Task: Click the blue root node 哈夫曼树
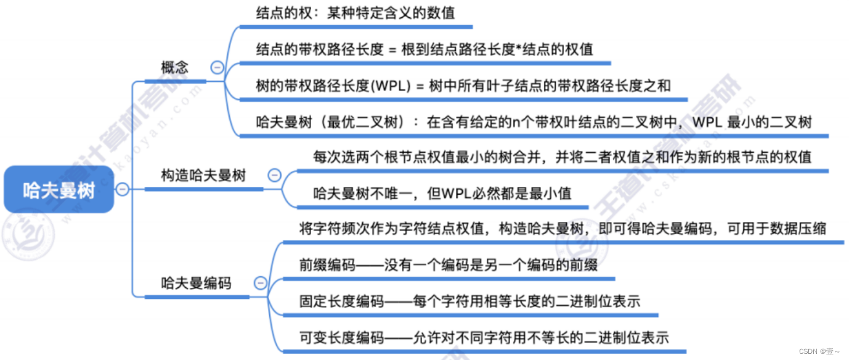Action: (59, 189)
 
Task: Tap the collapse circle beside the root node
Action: (123, 189)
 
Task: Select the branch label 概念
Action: (174, 68)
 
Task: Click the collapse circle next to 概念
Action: (217, 68)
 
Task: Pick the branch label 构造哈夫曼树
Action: (203, 176)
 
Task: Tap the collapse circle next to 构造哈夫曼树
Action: (274, 176)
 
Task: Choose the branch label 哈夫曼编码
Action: (196, 283)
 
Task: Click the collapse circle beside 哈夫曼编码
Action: (260, 283)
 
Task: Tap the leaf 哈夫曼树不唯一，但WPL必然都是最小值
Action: (442, 194)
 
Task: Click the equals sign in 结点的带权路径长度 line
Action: (392, 49)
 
